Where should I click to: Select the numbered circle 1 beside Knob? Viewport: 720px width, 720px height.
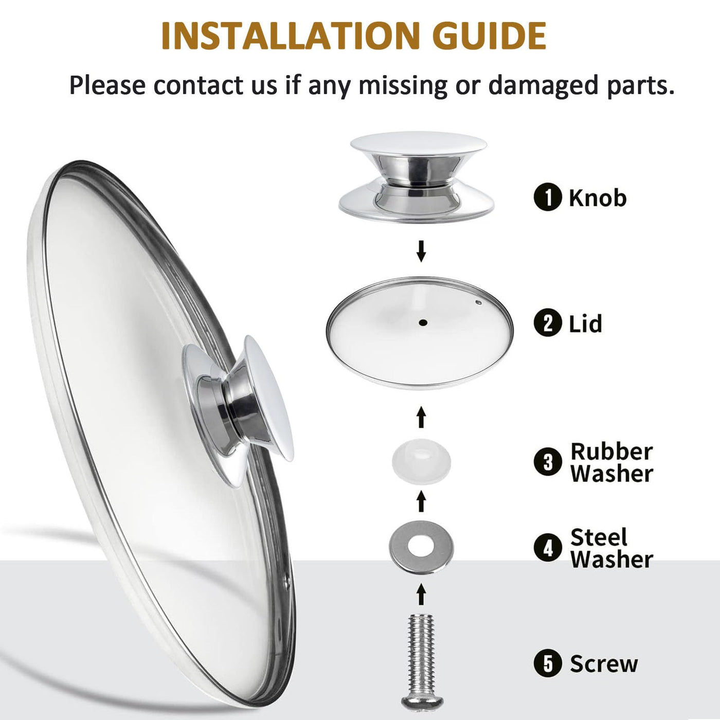coord(548,197)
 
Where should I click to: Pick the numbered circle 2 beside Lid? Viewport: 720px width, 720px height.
coord(548,323)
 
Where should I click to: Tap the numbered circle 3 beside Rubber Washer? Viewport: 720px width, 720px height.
coord(548,462)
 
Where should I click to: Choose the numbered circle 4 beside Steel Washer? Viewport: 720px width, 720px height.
coord(548,548)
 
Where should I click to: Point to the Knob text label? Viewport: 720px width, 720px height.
coord(598,197)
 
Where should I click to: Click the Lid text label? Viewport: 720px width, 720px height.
coord(585,323)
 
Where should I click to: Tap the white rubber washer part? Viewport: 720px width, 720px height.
coord(422,461)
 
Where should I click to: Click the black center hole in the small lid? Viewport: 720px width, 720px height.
coord(423,323)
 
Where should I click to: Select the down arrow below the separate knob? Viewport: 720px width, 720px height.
coord(422,251)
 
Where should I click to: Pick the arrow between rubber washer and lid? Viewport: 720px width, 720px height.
coord(422,417)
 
